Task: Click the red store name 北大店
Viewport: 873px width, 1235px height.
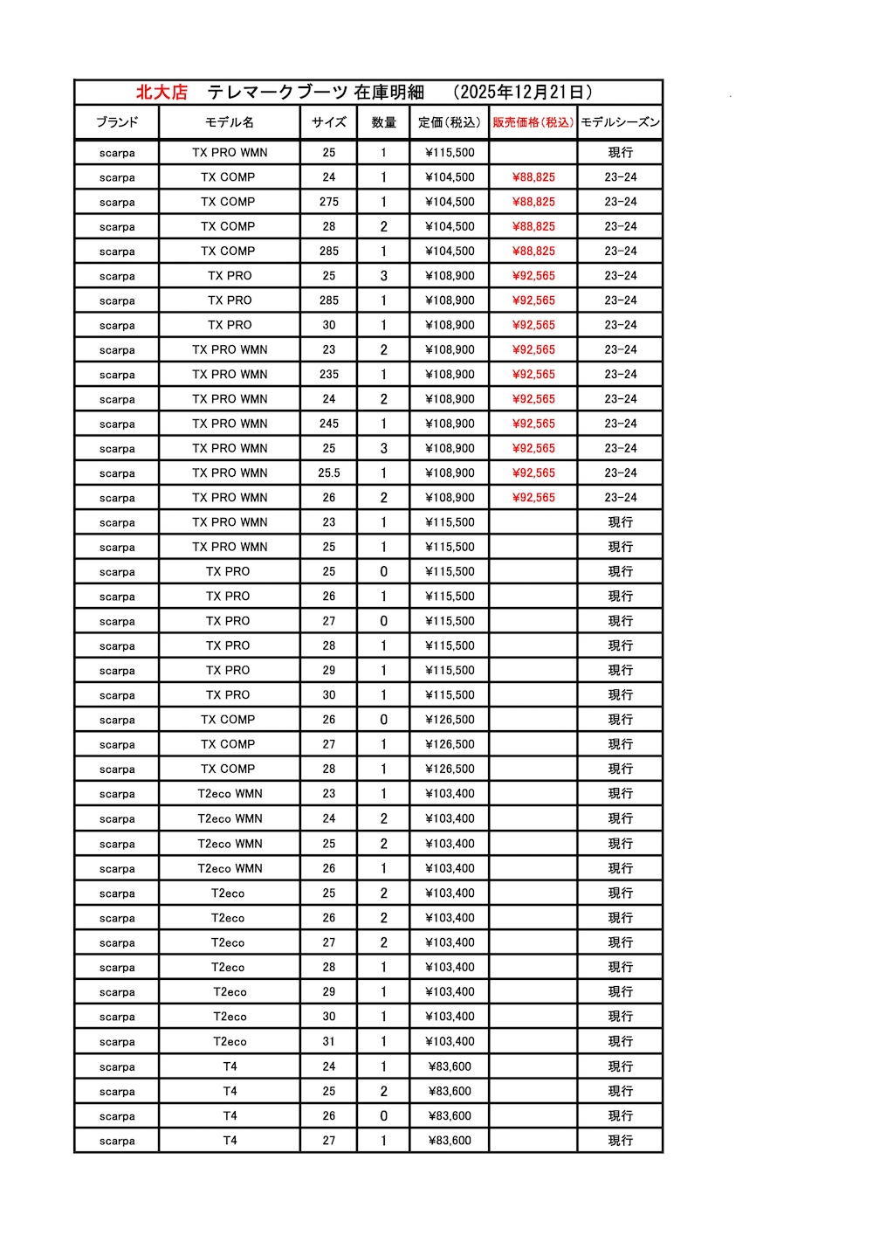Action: tap(162, 92)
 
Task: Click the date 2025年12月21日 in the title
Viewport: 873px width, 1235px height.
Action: tap(524, 92)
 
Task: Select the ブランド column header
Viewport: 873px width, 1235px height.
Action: tap(117, 122)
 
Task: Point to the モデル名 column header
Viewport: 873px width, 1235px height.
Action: tap(230, 122)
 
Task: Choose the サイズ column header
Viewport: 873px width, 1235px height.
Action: tap(328, 122)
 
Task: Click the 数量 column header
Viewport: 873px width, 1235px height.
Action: tap(383, 122)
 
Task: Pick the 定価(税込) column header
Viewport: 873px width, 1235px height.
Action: tap(450, 122)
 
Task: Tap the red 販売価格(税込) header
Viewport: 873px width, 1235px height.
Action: tap(533, 122)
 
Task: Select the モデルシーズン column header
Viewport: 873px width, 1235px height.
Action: tap(620, 122)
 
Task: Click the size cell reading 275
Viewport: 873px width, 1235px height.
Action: tap(328, 202)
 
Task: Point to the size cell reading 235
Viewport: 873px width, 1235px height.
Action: tap(328, 375)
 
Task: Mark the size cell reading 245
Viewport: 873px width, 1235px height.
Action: tap(328, 424)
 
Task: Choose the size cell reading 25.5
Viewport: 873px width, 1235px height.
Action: tap(328, 473)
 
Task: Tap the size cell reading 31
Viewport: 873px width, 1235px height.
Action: tap(328, 1041)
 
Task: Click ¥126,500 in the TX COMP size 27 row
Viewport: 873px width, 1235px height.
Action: tap(450, 744)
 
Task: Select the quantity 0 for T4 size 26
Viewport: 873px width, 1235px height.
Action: tap(383, 1116)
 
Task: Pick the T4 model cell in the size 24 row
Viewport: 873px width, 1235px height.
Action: tap(230, 1066)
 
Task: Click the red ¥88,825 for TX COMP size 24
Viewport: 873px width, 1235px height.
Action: tap(533, 177)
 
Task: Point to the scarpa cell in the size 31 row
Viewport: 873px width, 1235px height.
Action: tap(117, 1042)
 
